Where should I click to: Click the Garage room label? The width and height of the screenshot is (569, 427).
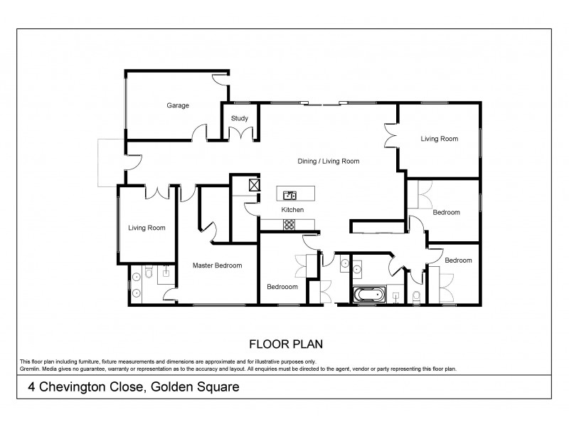click(x=178, y=105)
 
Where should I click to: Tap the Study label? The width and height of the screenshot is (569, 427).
click(x=239, y=120)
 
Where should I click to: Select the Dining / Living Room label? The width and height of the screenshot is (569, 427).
click(x=328, y=162)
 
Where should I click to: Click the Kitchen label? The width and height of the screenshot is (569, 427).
click(x=292, y=210)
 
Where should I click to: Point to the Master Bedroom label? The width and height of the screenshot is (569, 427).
click(x=217, y=265)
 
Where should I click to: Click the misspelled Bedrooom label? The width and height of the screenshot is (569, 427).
click(x=281, y=287)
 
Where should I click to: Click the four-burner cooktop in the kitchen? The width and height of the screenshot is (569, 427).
click(x=290, y=224)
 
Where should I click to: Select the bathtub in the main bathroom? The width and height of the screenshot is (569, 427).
click(x=368, y=294)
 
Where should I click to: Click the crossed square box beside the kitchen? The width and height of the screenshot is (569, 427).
click(x=255, y=185)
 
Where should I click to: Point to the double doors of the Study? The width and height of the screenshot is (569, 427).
click(x=239, y=134)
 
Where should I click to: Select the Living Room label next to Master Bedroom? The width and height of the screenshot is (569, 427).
click(x=147, y=228)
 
